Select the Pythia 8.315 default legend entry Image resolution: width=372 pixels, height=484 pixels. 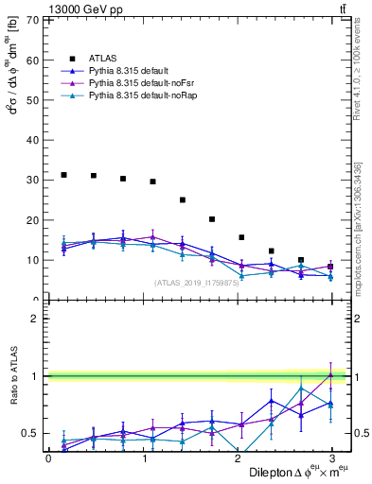coord(129,70)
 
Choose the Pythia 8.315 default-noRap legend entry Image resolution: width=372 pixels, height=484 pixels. coord(138,96)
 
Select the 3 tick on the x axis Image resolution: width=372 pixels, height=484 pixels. coord(332,457)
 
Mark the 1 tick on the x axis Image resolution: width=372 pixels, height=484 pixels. coord(143,457)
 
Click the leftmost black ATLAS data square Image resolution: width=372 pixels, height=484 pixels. coord(63,175)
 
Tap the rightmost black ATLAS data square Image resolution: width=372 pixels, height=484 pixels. coord(329,267)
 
